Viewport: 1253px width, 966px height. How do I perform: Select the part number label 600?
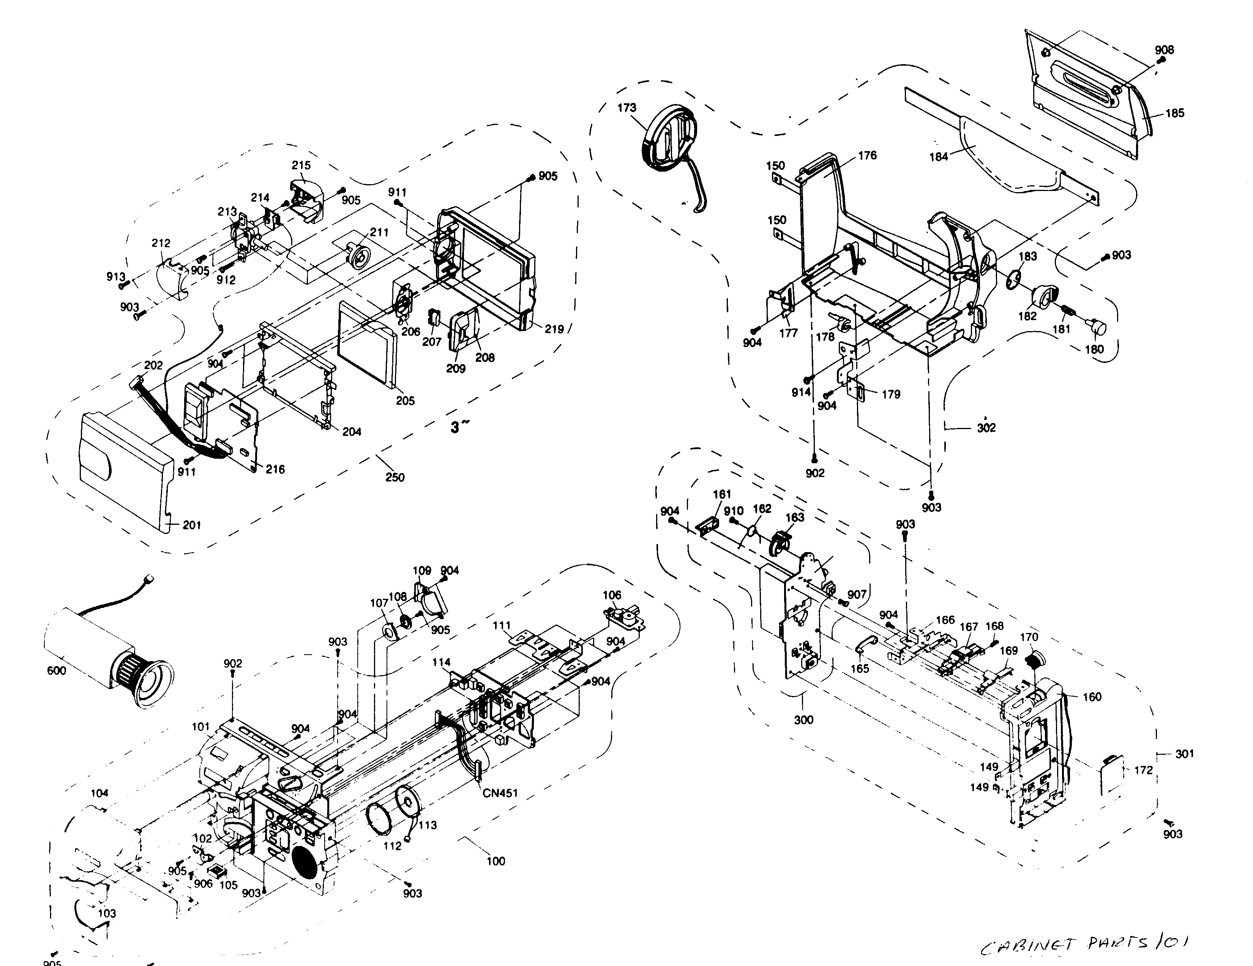point(57,671)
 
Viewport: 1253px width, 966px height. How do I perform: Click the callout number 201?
point(192,525)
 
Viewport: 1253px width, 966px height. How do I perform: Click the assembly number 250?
point(395,477)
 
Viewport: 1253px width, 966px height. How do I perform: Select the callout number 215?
point(301,165)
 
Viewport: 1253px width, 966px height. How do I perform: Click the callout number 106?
point(612,595)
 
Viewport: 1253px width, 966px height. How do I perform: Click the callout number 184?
point(939,156)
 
